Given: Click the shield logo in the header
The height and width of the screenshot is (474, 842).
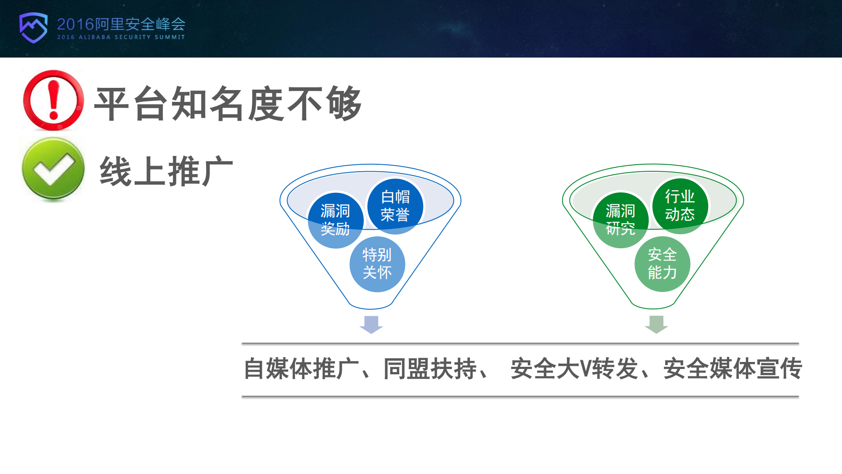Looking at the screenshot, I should point(33,27).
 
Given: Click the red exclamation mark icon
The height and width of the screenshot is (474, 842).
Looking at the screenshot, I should point(54,101).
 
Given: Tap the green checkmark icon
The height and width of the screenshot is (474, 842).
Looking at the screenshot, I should point(54,169).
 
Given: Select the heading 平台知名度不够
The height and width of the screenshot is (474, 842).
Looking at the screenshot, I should point(228,104).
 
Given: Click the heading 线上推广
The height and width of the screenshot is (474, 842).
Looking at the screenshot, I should point(166,171).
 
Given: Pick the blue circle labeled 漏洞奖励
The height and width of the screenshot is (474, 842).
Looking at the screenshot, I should point(335,220).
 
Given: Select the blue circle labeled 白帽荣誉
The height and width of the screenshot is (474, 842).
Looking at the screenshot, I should point(395,206).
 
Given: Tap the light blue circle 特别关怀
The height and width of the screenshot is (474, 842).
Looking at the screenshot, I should point(377,264).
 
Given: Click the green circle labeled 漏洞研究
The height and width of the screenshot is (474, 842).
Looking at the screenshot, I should point(620,220).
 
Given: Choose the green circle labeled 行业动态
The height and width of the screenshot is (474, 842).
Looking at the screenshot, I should point(680,206).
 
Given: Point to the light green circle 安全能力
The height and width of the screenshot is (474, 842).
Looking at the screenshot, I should point(662,264).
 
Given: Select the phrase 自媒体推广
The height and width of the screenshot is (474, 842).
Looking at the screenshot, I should point(301,369).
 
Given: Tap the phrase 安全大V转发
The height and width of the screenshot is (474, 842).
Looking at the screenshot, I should point(574,369).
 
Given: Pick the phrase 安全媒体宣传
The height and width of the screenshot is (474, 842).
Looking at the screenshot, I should point(732,369).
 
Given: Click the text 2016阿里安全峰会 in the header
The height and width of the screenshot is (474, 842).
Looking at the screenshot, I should point(121,24).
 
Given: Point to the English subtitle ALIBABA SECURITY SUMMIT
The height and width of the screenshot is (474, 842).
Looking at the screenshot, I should point(132,37).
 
